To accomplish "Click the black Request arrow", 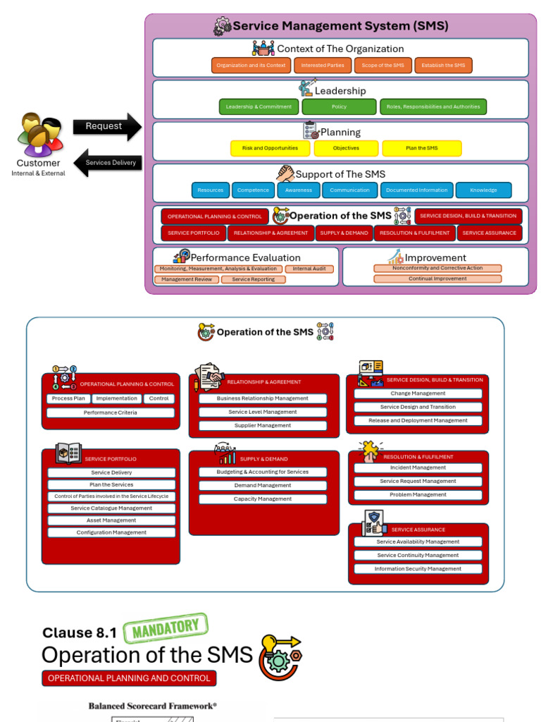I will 106,127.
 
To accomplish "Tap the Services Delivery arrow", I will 108,163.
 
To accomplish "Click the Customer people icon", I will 41,134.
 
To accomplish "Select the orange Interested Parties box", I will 323,66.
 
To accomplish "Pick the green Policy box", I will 339,107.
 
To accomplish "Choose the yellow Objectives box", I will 346,149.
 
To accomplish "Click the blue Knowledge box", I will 483,190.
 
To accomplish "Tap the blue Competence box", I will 253,190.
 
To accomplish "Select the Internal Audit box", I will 309,269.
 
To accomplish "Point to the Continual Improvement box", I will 437,279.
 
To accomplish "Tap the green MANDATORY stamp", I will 166,628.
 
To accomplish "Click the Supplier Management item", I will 263,426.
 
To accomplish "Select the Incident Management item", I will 418,468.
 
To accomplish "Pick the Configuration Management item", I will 111,533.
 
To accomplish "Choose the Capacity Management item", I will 263,499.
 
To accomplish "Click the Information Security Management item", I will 418,569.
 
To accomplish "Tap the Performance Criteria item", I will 111,412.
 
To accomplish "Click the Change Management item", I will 418,393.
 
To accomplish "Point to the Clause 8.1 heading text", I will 80,633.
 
